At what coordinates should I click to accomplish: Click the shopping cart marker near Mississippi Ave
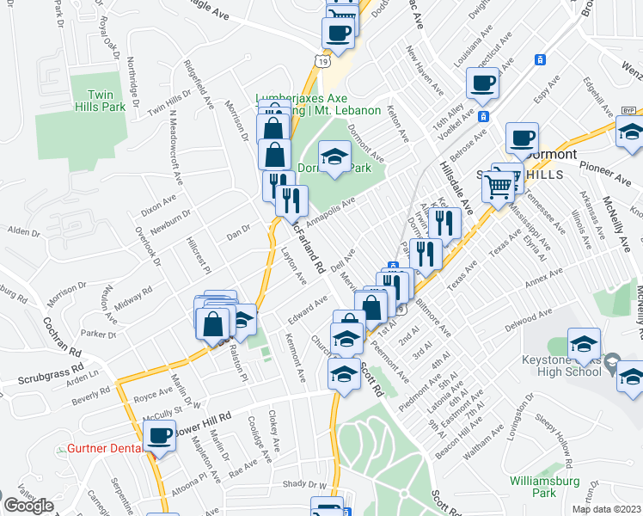point(498,186)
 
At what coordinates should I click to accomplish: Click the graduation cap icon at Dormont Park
point(334,157)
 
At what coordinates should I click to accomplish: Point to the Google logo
point(28,506)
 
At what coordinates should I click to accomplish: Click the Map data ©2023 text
point(607,509)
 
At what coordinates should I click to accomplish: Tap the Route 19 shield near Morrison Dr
point(320,62)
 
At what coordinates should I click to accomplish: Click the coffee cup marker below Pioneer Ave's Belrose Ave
point(522,138)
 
